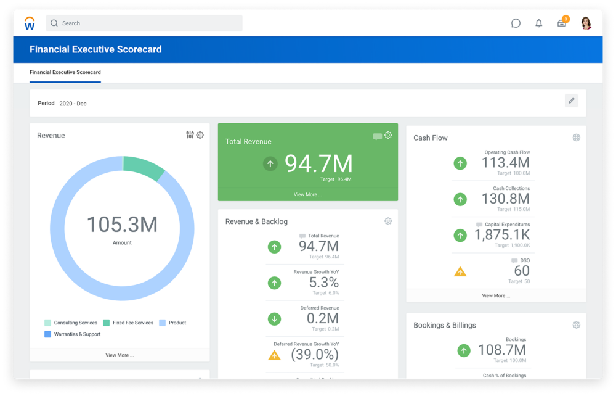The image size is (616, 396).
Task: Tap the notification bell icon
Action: [x=539, y=23]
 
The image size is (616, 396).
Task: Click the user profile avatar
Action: [x=586, y=23]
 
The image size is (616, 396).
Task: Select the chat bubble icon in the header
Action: [x=516, y=23]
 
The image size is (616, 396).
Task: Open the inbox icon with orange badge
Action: [x=562, y=23]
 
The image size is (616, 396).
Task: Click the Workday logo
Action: [x=30, y=23]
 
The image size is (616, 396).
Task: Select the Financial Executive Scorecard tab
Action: [x=65, y=72]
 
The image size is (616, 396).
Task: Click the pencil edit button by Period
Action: [x=571, y=101]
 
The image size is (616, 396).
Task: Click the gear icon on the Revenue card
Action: [x=200, y=135]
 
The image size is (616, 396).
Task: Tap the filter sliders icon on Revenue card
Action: [x=190, y=135]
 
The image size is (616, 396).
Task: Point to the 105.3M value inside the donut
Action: [x=122, y=225]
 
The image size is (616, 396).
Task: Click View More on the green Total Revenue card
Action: [x=307, y=194]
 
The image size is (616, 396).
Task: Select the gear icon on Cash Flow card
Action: [x=576, y=138]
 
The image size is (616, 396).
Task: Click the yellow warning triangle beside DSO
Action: [x=460, y=271]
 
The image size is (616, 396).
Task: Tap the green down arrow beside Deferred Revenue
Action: [x=274, y=319]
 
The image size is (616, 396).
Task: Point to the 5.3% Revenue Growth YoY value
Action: [x=323, y=283]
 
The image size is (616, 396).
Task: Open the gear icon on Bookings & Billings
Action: [x=576, y=325]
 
